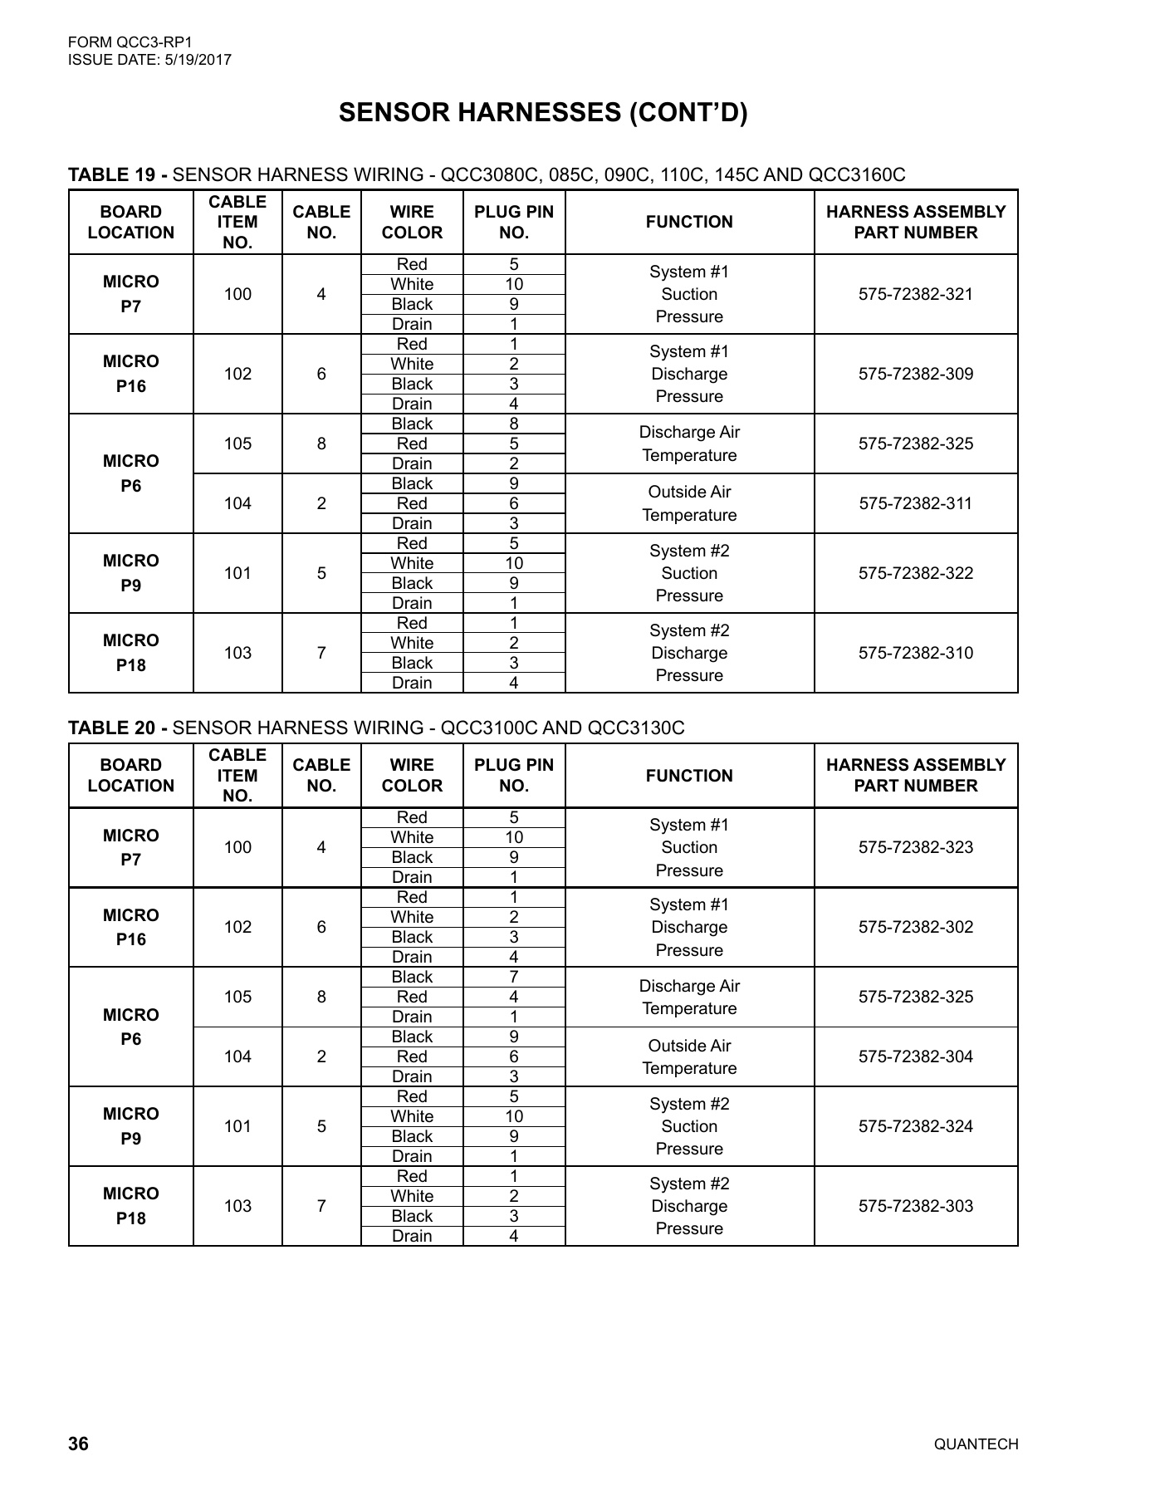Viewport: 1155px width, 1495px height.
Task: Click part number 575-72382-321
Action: click(915, 294)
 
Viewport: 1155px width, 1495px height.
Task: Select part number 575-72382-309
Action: click(915, 374)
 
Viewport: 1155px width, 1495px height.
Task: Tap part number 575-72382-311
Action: click(915, 503)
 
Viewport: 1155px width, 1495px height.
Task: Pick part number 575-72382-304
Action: click(915, 1056)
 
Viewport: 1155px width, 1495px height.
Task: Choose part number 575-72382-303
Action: click(915, 1206)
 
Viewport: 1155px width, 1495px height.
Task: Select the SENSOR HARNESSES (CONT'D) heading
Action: click(543, 113)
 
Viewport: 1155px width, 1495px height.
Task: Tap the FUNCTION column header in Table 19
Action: click(689, 222)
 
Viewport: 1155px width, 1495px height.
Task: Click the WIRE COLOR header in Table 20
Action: click(412, 775)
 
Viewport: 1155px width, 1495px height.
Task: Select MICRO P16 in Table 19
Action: click(130, 374)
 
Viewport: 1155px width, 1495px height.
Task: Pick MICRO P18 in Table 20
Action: click(130, 1206)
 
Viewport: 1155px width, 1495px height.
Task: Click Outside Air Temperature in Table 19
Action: click(689, 503)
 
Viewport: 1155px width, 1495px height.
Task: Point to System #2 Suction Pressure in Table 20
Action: click(689, 1126)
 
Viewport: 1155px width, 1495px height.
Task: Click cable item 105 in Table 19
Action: click(237, 444)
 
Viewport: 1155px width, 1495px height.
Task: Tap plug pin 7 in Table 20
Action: click(514, 977)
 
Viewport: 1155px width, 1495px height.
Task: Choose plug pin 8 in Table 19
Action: click(514, 424)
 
